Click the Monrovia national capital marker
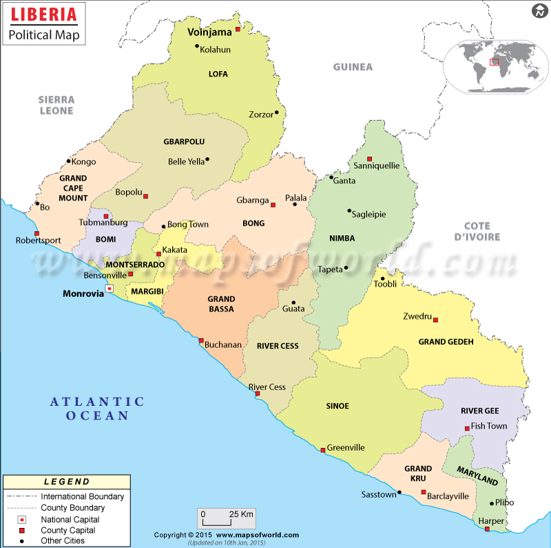point(109,289)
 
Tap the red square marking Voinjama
point(238,30)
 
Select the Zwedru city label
point(417,317)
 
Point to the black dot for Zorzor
point(276,112)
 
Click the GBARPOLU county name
point(184,141)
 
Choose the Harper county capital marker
point(487,529)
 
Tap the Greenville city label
point(346,447)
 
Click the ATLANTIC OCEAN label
point(97,408)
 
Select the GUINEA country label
point(353,67)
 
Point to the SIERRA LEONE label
point(56,105)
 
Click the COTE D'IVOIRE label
point(477,232)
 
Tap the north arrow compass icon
point(539,11)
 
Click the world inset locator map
point(493,62)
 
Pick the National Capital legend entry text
point(70,519)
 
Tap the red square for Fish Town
point(467,428)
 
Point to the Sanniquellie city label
point(376,165)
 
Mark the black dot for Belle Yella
point(207,159)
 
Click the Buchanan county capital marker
point(201,341)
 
